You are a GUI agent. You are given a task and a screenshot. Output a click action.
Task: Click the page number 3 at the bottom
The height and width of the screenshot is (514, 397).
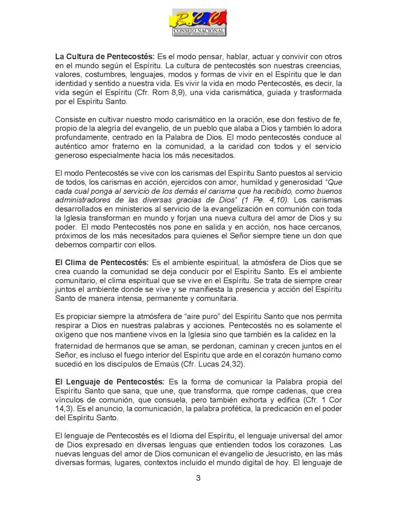pyautogui.click(x=198, y=477)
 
